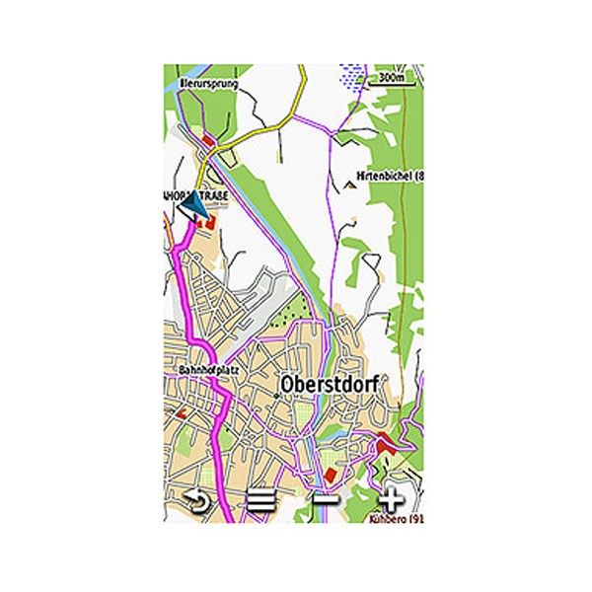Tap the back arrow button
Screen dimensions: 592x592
coord(199,500)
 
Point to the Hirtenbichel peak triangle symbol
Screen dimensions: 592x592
coord(351,183)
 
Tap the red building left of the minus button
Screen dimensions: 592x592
coord(331,477)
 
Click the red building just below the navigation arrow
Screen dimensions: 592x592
coord(209,226)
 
